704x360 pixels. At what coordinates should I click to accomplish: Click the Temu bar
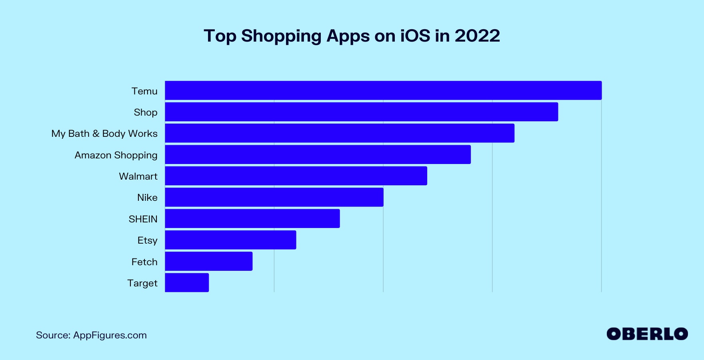[383, 90]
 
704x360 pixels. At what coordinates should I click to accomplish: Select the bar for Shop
[361, 112]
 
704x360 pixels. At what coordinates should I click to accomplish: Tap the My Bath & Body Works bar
[340, 133]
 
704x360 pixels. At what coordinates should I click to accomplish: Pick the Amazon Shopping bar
[318, 154]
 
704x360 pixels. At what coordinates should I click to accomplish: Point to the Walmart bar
[296, 176]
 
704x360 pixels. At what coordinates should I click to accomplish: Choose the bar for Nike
[274, 197]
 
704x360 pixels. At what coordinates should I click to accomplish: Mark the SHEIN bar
[252, 218]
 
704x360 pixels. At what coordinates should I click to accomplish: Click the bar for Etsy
[230, 240]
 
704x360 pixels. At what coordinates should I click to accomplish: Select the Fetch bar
[209, 261]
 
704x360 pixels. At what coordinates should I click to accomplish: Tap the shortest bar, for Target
[187, 283]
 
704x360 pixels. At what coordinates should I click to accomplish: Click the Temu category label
[144, 91]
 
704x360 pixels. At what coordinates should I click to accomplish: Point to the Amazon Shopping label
[116, 155]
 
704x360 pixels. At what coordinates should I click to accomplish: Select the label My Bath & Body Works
[104, 134]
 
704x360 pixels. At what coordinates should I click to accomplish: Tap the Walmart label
[138, 176]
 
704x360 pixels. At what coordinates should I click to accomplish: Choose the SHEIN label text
[143, 219]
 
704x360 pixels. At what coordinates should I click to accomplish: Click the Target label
[142, 283]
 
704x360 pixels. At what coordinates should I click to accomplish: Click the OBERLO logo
[647, 334]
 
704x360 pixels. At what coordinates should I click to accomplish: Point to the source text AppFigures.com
[110, 335]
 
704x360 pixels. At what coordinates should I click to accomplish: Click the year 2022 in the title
[477, 36]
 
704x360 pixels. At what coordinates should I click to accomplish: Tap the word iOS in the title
[415, 36]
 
